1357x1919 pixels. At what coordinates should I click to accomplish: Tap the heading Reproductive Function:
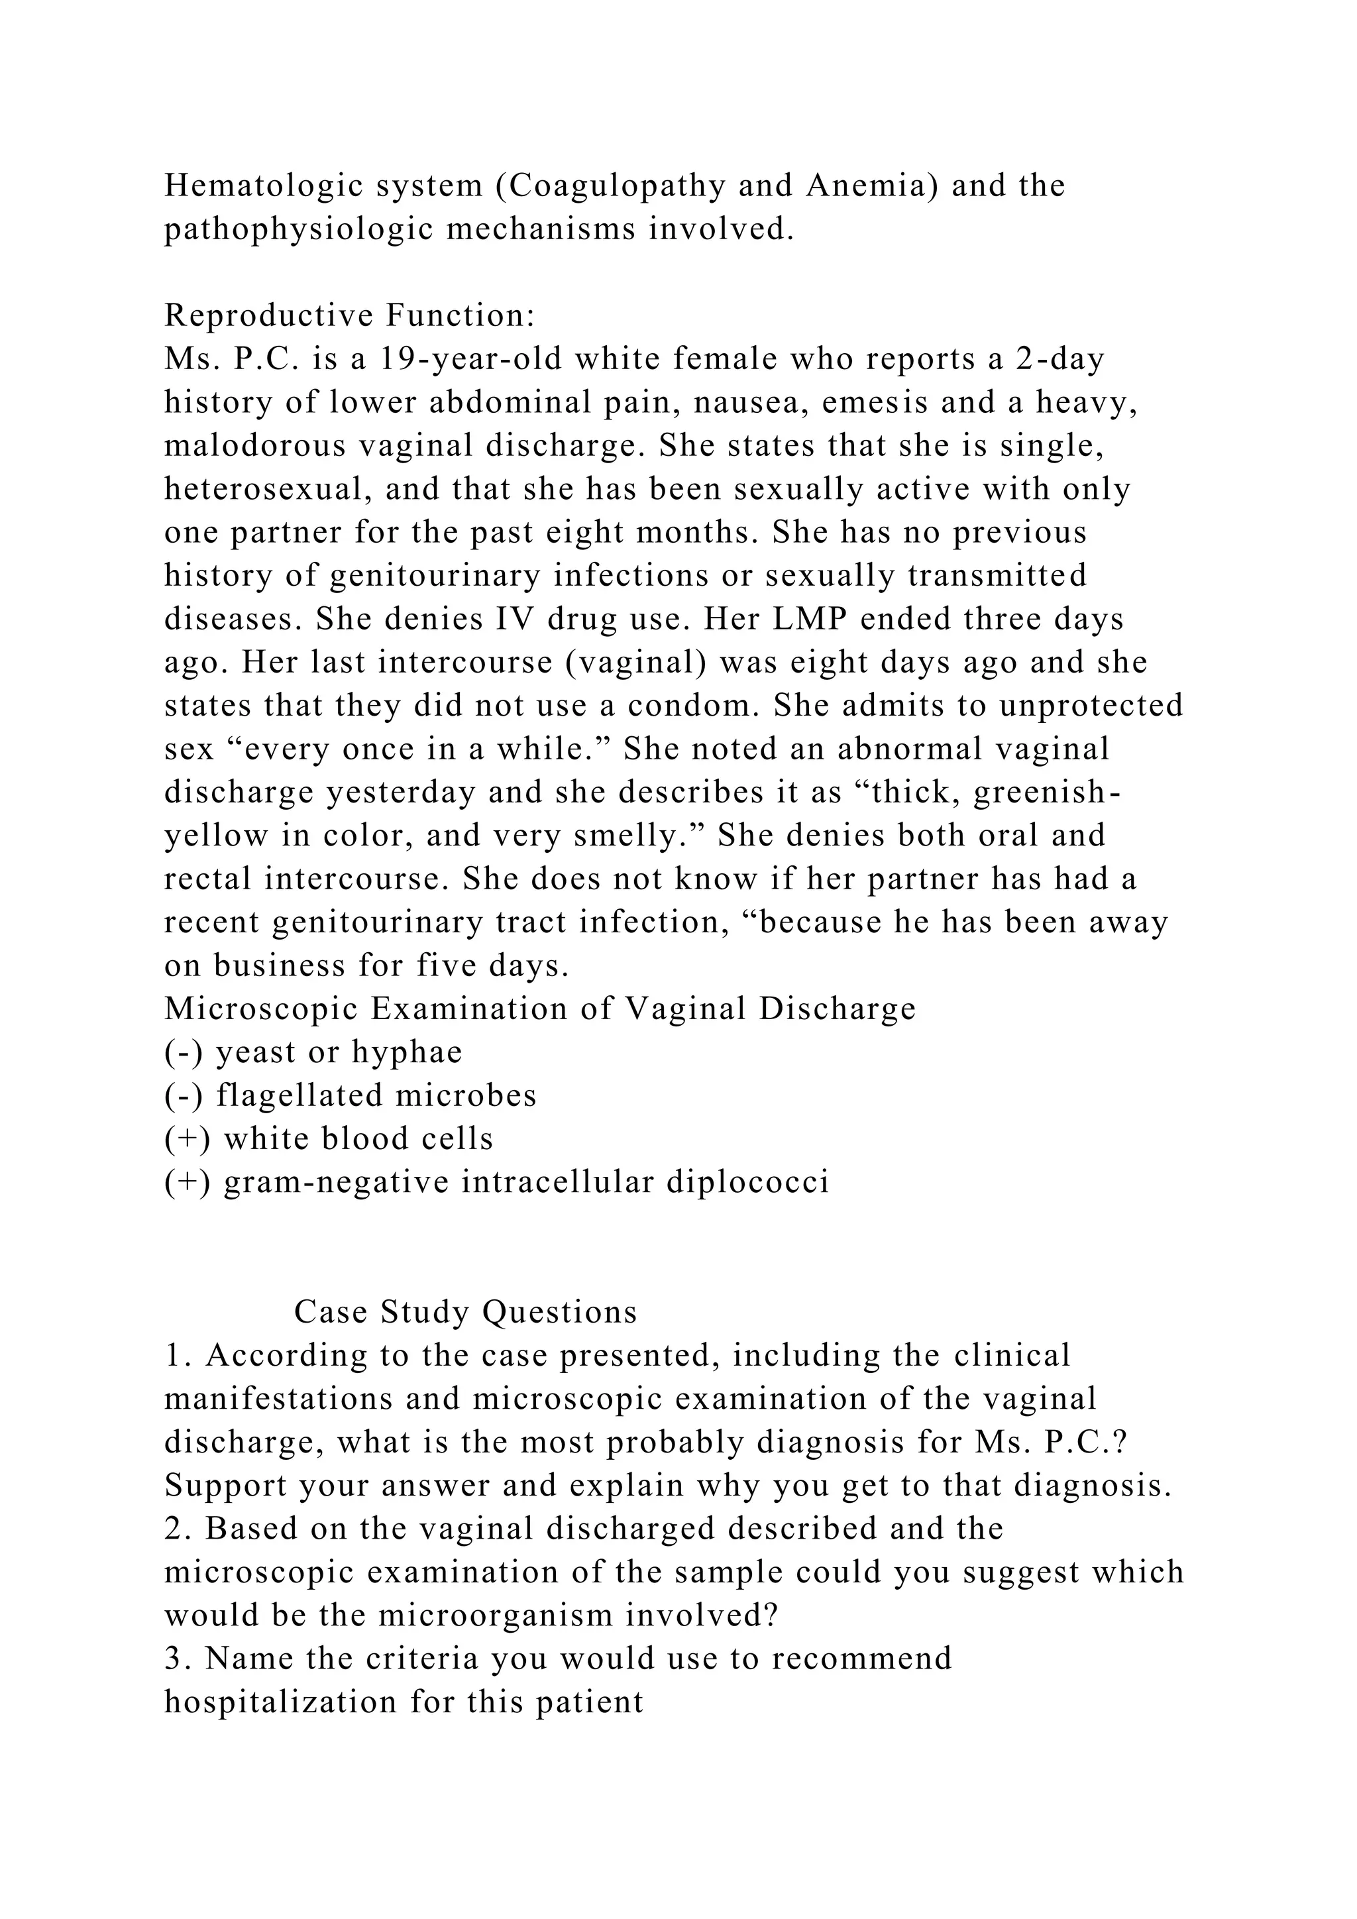(349, 316)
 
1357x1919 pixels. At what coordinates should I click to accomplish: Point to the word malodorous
(255, 445)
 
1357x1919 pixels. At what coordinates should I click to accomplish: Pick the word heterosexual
(266, 489)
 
